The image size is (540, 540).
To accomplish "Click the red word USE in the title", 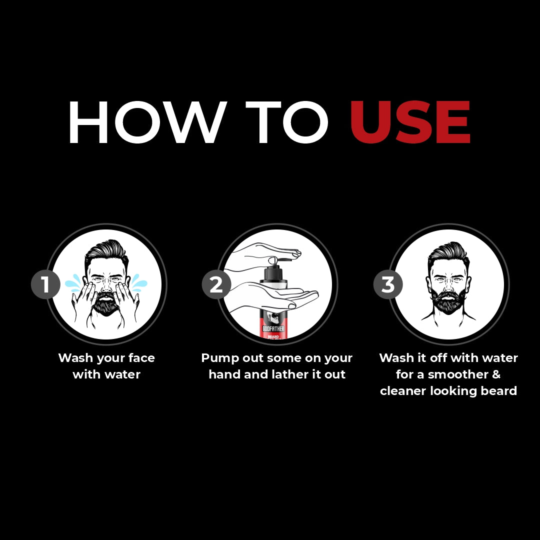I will pos(410,123).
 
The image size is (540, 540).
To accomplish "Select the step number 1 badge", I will pos(45,284).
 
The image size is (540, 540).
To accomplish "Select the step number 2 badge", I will pos(216,284).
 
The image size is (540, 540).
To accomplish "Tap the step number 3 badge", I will pos(388,284).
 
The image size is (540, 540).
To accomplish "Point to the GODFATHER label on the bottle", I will pos(273,328).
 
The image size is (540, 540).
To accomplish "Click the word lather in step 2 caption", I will pos(282,374).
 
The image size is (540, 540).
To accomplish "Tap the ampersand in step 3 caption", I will pos(495,374).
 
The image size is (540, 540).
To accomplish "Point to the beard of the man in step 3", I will pos(448,303).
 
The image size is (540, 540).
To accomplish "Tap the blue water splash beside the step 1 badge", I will pos(73,283).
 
